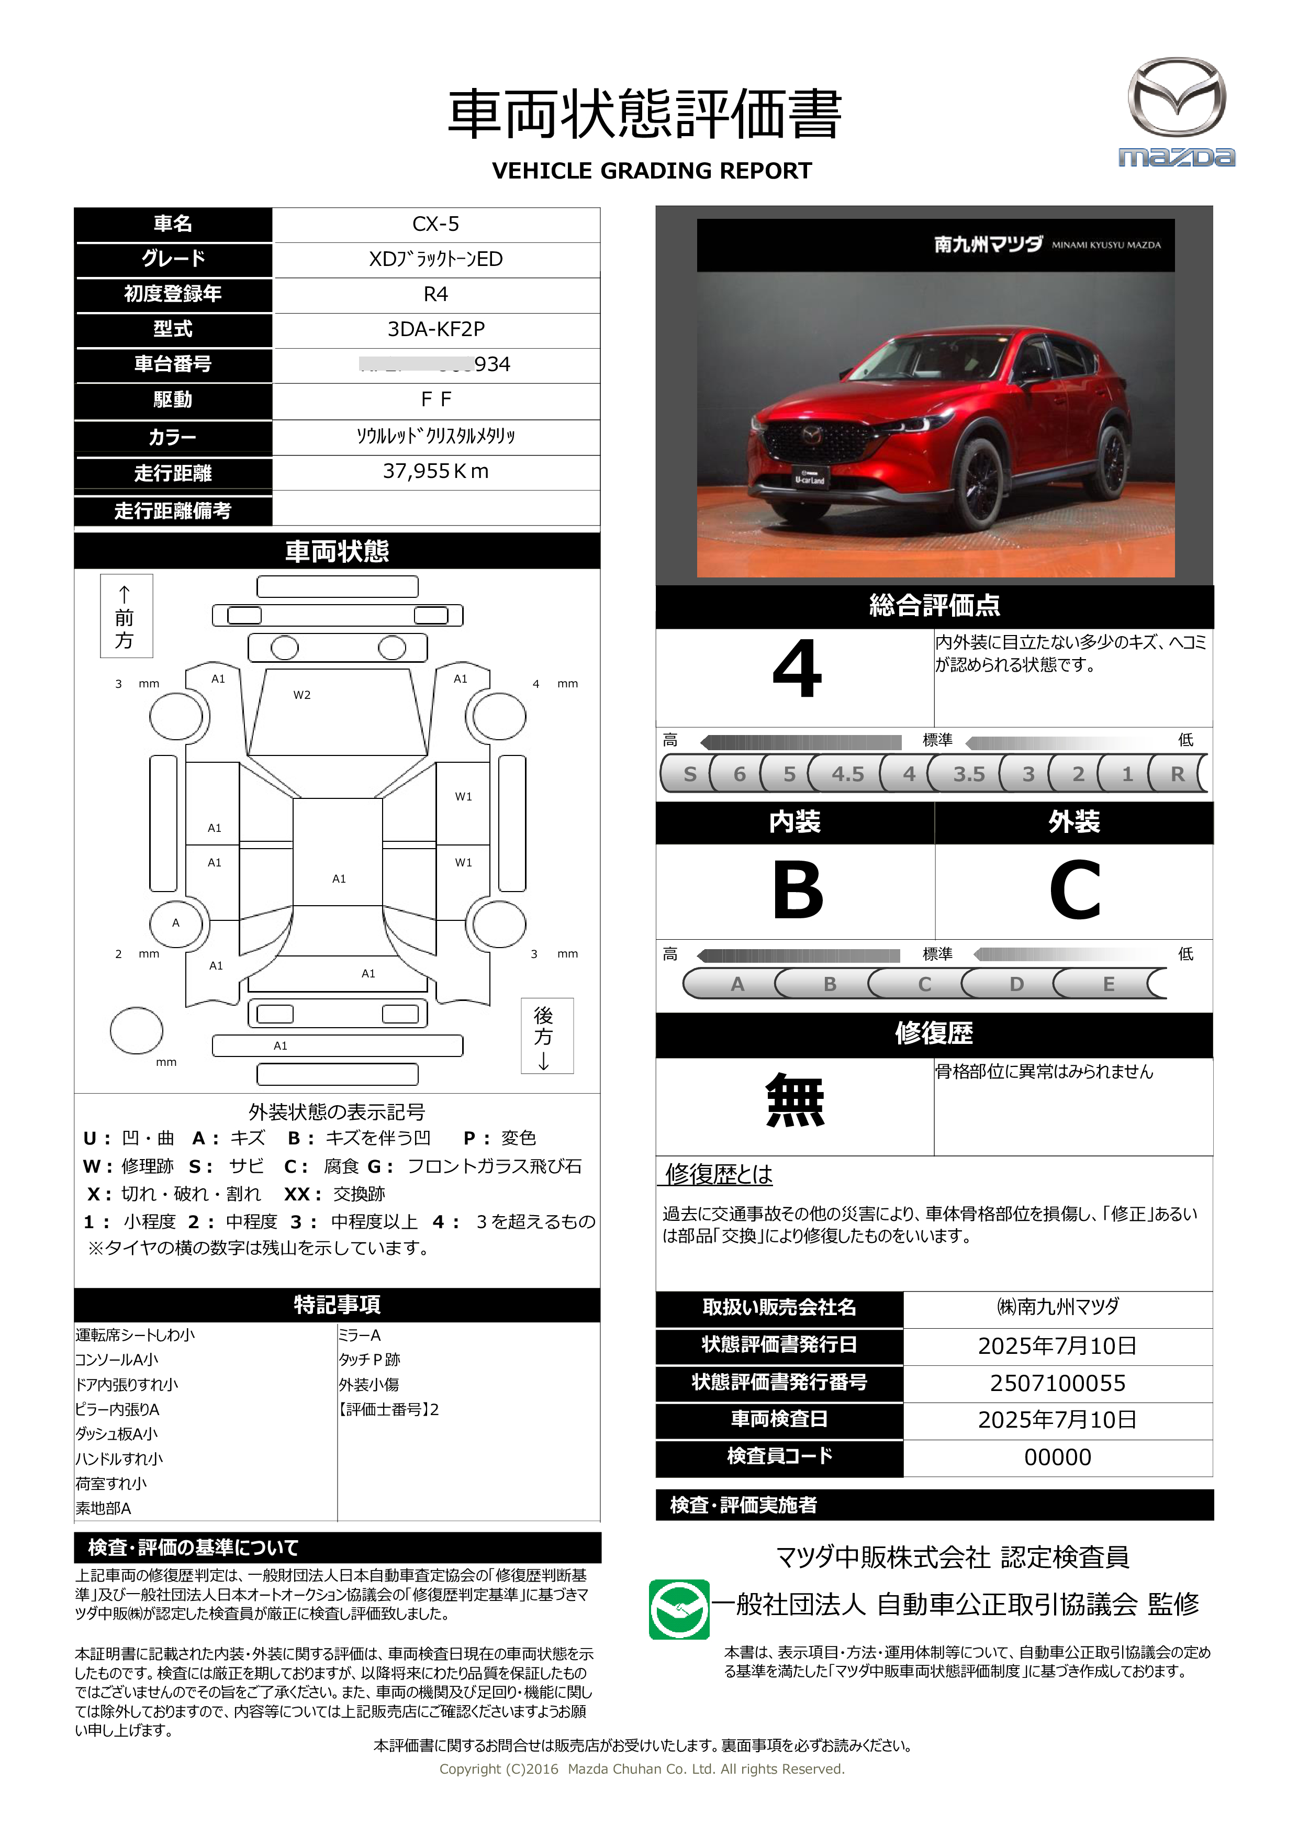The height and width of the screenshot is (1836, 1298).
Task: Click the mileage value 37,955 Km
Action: (x=435, y=472)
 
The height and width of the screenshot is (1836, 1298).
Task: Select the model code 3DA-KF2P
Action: (x=435, y=329)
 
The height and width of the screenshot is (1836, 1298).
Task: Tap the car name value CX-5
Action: (x=435, y=224)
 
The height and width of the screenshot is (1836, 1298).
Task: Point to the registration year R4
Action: (x=435, y=294)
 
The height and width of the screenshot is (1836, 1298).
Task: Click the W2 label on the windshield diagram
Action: (x=301, y=695)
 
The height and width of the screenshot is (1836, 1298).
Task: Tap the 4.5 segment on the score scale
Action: (x=847, y=774)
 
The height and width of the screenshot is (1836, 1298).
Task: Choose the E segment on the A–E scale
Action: (x=1109, y=984)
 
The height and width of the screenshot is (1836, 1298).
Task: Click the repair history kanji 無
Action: (x=795, y=1100)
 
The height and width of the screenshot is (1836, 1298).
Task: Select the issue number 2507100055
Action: (x=1057, y=1383)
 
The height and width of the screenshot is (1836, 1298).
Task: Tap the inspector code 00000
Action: (x=1057, y=1457)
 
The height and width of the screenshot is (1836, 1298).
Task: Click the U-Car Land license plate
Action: (x=810, y=478)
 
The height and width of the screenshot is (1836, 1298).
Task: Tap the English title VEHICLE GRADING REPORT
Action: (x=652, y=171)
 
